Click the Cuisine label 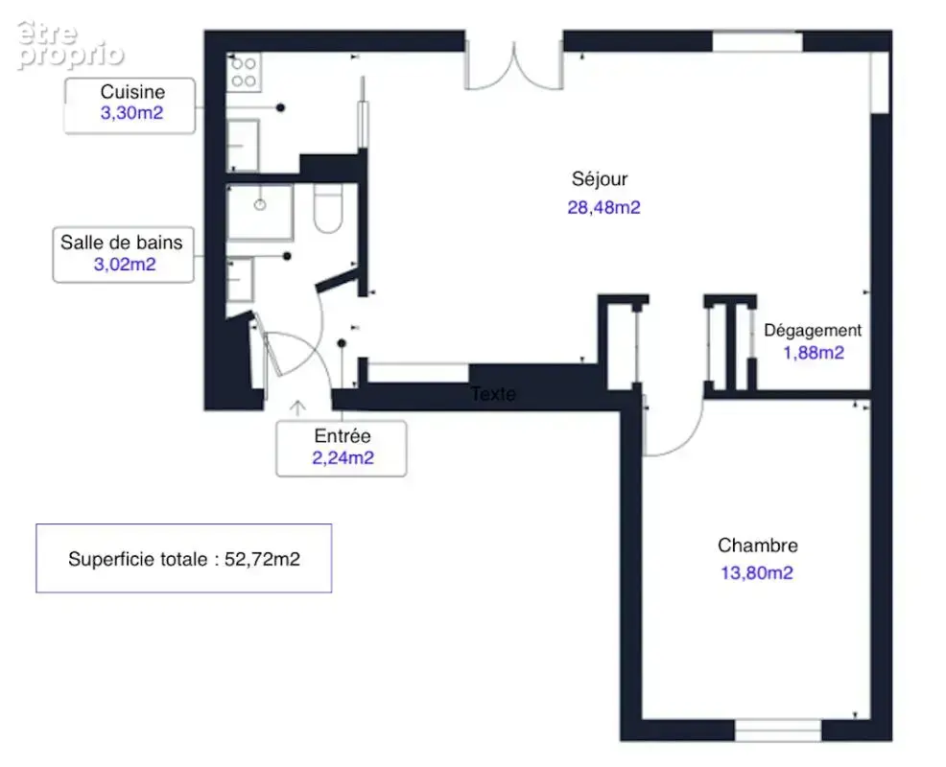132,92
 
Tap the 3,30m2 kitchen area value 131,113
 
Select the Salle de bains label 121,243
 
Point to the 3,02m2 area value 125,264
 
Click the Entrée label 343,435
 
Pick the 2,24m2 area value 343,457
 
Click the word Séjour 600,179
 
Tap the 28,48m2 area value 603,207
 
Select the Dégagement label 813,331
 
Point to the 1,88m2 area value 814,353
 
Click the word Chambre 758,546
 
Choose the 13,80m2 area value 757,572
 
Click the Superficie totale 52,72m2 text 184,559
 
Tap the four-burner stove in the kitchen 244,72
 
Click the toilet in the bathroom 328,208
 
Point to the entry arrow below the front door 296,408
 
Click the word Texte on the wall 493,394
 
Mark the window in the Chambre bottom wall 778,731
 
